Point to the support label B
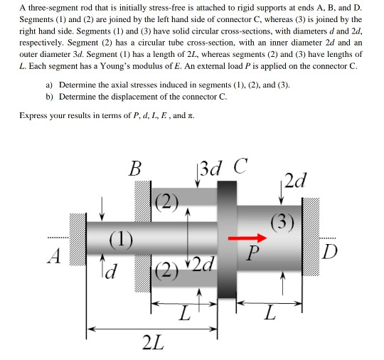pos(135,169)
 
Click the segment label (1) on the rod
pos(119,238)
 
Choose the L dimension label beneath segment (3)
pos(269,312)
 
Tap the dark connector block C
pos(227,239)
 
